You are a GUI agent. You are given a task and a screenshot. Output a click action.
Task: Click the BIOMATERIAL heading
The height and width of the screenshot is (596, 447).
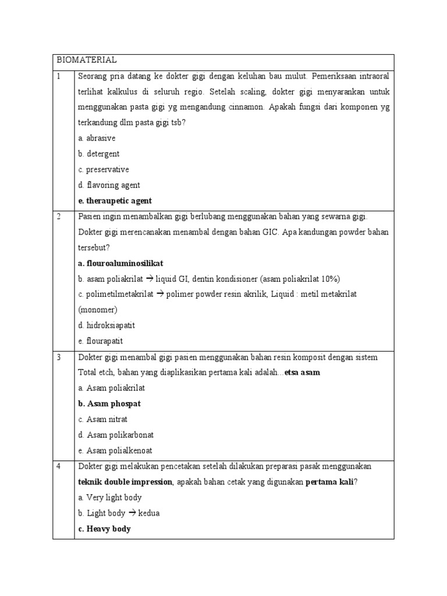[x=87, y=60]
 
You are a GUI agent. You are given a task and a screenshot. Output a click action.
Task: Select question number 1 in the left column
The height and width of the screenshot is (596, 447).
[x=58, y=76]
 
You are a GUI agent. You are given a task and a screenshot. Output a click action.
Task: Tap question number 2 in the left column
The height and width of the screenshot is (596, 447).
[x=58, y=217]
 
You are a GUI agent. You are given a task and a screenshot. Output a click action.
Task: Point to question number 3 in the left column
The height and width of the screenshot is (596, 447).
[x=58, y=357]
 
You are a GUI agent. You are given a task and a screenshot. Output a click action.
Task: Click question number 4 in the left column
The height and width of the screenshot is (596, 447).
[x=58, y=467]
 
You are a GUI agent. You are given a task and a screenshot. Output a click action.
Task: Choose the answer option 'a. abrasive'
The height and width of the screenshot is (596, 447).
[x=96, y=139]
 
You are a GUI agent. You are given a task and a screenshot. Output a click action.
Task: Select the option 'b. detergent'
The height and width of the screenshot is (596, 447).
[x=98, y=154]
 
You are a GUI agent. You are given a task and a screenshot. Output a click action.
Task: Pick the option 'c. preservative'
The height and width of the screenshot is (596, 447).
[x=103, y=169]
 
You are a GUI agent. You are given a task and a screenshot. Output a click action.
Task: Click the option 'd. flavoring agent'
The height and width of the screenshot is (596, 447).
[x=108, y=185]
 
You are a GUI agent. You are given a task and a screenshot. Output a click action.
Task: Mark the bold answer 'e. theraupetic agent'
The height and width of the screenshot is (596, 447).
[x=115, y=201]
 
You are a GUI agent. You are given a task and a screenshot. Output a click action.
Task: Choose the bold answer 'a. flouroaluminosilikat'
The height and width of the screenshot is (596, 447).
[x=120, y=263]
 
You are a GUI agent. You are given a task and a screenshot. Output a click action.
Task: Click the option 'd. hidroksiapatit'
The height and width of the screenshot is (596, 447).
[x=106, y=325]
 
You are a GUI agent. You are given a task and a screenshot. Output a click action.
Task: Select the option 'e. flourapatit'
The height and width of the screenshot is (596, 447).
[x=100, y=341]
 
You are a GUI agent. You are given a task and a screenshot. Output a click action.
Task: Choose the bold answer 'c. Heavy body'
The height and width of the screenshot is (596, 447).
[x=104, y=529]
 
